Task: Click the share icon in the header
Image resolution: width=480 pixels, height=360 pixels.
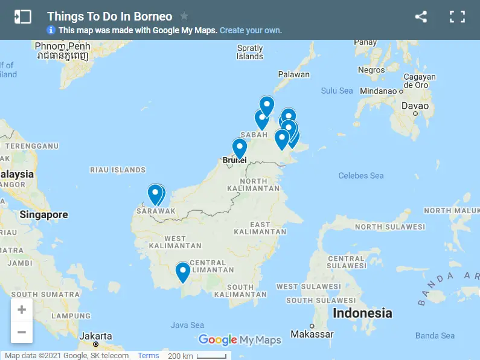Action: pos(421,17)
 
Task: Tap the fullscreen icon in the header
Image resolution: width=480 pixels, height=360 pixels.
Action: pos(457,17)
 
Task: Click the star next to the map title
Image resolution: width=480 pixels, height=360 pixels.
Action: pos(184,16)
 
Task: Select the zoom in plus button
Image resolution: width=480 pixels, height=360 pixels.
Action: pos(22,310)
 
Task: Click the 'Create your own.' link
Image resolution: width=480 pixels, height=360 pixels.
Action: pos(251,30)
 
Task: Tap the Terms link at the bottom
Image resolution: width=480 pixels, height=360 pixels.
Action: pos(148,355)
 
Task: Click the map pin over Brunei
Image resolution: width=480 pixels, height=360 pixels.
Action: pos(240,147)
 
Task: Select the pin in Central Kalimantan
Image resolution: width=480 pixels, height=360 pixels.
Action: pos(183,271)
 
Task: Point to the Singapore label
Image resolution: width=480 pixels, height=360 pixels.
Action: pos(43,214)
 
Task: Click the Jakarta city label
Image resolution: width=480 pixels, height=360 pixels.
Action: pos(96,336)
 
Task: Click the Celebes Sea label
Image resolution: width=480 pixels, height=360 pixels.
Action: pos(361,176)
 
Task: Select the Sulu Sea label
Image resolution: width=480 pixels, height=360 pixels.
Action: pos(337,91)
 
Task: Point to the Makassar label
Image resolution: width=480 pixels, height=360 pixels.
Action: pos(312,334)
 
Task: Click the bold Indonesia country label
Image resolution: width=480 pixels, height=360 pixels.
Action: pos(362,313)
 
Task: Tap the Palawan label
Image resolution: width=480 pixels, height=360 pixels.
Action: pos(293,74)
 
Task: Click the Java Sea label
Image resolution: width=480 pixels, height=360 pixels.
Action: pos(187,325)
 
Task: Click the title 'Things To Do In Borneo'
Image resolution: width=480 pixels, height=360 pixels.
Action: pos(109,16)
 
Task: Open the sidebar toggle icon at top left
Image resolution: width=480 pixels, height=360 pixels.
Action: pos(22,17)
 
